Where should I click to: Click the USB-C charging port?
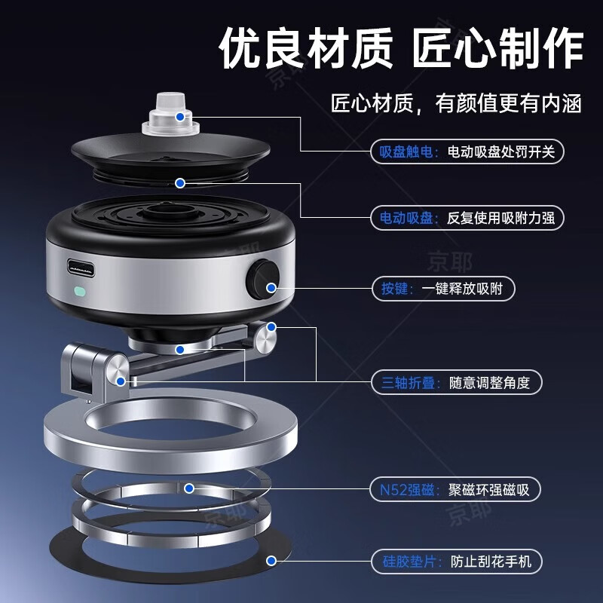pyautogui.click(x=81, y=268)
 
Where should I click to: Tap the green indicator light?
pyautogui.click(x=80, y=291)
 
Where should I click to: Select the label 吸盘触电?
pyautogui.click(x=406, y=152)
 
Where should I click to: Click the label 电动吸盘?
pyautogui.click(x=406, y=218)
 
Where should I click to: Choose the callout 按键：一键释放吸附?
pyautogui.click(x=443, y=289)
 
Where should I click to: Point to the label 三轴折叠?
pyautogui.click(x=408, y=383)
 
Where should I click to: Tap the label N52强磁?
pyautogui.click(x=407, y=490)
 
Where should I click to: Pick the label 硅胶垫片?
pyautogui.click(x=409, y=562)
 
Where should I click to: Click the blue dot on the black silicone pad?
pyautogui.click(x=271, y=561)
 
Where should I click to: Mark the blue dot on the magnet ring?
pyautogui.click(x=189, y=488)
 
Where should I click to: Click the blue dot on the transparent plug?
pyautogui.click(x=179, y=117)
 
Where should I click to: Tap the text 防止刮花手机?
pyautogui.click(x=491, y=562)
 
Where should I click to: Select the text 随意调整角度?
pyautogui.click(x=489, y=383)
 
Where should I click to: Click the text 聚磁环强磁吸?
pyautogui.click(x=488, y=490)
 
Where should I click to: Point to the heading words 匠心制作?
pyautogui.click(x=497, y=49)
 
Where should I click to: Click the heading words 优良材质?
pyautogui.click(x=306, y=49)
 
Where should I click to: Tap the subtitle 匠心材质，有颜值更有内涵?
pyautogui.click(x=456, y=103)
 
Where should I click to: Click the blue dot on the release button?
pyautogui.click(x=271, y=287)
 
